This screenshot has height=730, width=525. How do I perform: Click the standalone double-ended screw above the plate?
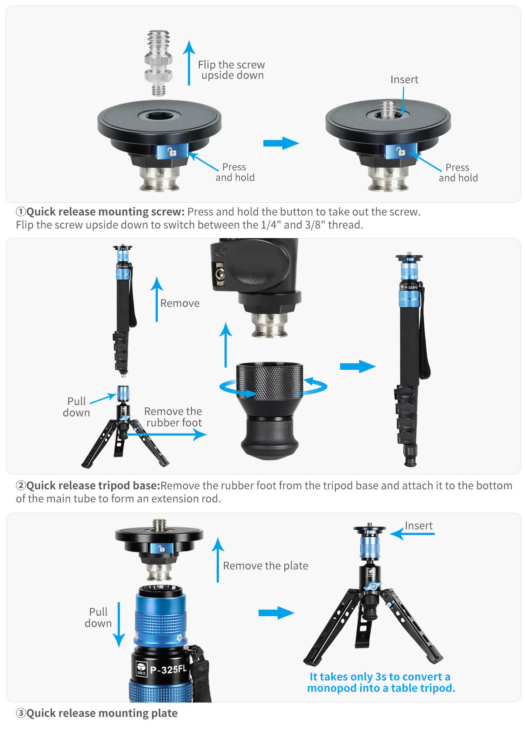tap(158, 63)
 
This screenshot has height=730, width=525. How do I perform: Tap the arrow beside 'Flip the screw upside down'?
tap(189, 62)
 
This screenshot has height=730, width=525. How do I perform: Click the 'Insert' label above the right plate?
tap(404, 79)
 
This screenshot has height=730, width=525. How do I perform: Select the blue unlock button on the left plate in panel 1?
tap(172, 151)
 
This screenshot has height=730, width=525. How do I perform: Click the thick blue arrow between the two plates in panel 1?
tap(281, 143)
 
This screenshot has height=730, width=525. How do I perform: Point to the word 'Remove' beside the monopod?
tap(180, 303)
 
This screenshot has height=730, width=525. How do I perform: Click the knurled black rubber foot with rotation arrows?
tap(269, 410)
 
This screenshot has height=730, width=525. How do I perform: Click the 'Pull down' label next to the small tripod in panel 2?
tap(76, 407)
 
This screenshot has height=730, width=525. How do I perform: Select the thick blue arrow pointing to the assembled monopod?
tap(358, 366)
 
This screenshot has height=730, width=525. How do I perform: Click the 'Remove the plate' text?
tap(265, 566)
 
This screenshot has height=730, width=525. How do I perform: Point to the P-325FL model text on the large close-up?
tap(168, 669)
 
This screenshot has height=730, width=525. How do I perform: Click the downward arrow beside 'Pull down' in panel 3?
tap(119, 625)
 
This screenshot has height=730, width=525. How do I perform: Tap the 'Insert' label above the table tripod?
tap(419, 525)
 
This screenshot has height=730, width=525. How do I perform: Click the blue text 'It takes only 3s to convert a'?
tap(380, 676)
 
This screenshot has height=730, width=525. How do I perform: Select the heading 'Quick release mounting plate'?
tap(102, 713)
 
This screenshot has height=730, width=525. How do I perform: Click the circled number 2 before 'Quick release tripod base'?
tap(21, 485)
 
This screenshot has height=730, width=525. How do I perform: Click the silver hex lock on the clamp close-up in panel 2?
tap(220, 274)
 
